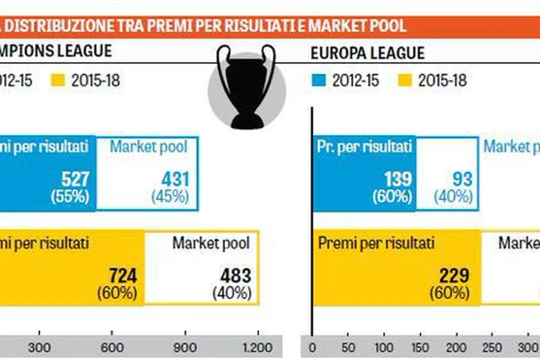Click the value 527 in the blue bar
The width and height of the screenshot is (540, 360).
pos(76,179)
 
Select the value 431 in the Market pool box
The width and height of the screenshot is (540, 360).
pos(175,179)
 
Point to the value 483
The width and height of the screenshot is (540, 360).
pos(236,276)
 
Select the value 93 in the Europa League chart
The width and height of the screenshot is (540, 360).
pos(462,179)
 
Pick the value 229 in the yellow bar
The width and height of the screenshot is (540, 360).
pos(454,276)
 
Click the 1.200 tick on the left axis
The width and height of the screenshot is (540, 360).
pos(257,347)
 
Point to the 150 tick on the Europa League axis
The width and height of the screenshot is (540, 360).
pos(420,347)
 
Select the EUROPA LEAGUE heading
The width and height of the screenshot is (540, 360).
pos(368,53)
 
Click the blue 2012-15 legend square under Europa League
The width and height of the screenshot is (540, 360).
pos(318,81)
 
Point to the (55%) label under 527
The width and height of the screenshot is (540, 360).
pos(70,196)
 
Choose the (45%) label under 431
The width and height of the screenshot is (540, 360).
pos(171,196)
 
